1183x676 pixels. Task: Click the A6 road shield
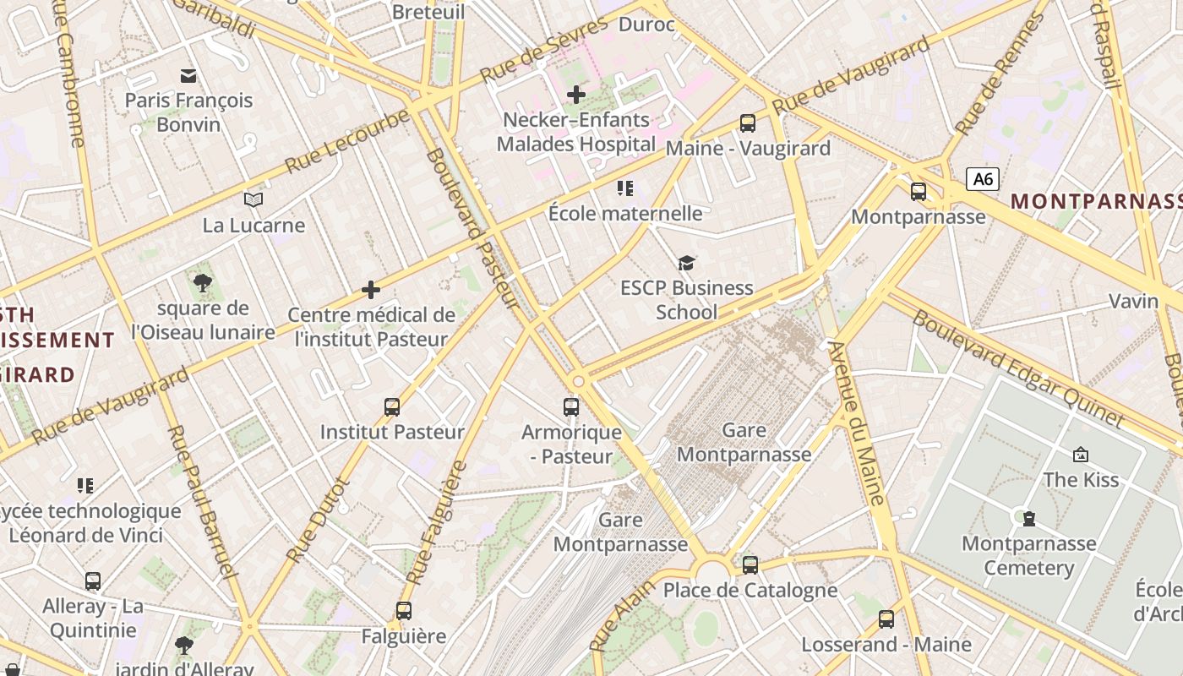[983, 179]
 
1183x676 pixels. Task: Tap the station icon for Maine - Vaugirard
[748, 123]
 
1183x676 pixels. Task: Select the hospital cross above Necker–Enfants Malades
[576, 95]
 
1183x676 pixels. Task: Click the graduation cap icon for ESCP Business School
[686, 264]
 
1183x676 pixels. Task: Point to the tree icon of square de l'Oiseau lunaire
[203, 283]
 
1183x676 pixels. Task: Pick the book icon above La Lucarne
[253, 200]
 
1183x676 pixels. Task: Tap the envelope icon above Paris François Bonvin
[188, 76]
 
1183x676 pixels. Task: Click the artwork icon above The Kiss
[1080, 455]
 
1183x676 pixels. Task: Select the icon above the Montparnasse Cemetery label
[1028, 518]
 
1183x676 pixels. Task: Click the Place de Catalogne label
[750, 590]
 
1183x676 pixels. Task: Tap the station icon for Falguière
[404, 610]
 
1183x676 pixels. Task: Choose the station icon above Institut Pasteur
[392, 407]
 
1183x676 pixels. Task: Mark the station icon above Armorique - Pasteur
[571, 407]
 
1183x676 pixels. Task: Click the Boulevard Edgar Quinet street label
[1018, 369]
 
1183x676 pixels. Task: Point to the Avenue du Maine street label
[856, 423]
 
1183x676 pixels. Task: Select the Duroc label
[646, 25]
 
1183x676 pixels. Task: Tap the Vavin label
[1133, 301]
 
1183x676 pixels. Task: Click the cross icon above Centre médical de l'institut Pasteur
[371, 291]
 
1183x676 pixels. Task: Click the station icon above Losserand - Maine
[886, 619]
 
